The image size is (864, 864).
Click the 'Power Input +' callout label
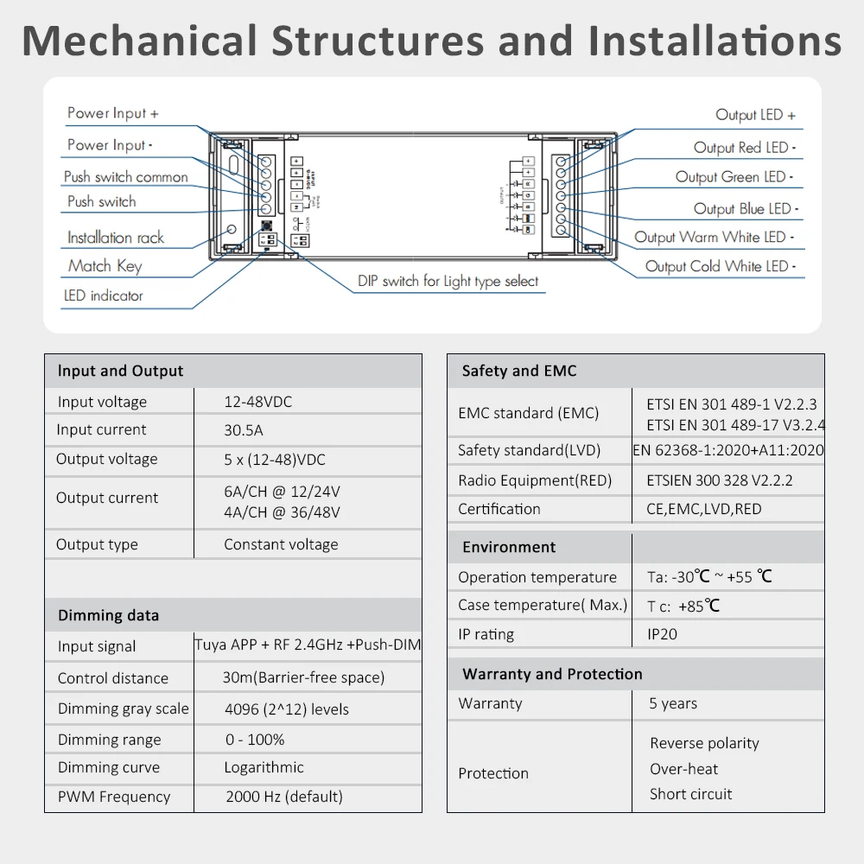pos(112,113)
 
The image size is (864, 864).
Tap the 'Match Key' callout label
pos(105,266)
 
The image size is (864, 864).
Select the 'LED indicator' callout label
pos(103,295)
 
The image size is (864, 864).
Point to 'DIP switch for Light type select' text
pos(448,282)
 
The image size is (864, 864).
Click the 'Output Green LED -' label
pos(734,177)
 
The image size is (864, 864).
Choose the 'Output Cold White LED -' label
pos(721,267)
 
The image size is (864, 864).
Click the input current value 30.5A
pos(243,430)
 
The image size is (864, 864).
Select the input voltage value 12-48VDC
pos(258,402)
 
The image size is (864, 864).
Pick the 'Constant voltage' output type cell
pos(281,544)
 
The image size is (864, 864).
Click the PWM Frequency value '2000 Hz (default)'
pos(283,797)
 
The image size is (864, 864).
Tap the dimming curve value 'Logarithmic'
pos(264,767)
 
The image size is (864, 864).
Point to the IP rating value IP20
pos(663,634)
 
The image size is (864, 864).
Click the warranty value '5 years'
pos(673,703)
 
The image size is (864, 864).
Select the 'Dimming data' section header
pos(108,616)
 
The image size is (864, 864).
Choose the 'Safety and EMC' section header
pos(518,372)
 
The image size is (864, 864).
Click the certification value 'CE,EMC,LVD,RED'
pos(704,509)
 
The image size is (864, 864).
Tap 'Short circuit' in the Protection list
pos(690,794)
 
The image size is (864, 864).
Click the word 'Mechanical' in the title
pos(138,41)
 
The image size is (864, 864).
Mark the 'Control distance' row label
pos(112,678)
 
